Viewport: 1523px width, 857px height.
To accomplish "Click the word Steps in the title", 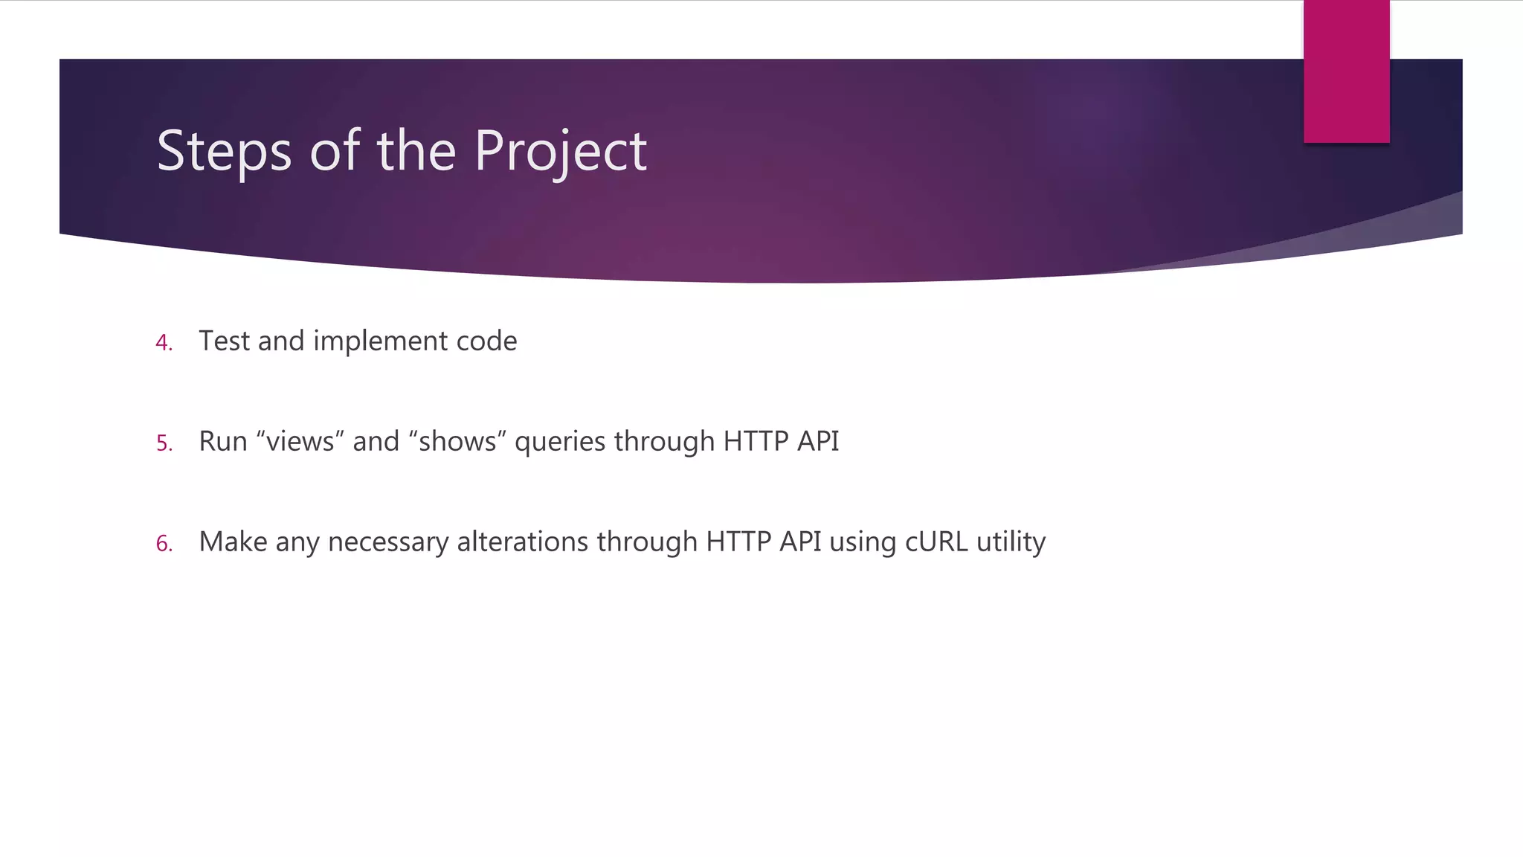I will click(224, 152).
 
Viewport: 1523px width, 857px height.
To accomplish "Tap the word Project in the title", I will click(560, 152).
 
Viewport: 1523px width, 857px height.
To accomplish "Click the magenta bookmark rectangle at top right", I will click(1346, 71).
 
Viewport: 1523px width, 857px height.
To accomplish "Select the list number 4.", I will click(164, 343).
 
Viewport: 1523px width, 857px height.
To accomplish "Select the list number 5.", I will click(164, 443).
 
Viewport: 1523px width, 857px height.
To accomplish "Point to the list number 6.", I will click(164, 544).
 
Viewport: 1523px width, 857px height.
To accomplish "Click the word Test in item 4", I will click(224, 341).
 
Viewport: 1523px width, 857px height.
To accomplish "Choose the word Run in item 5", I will click(223, 442).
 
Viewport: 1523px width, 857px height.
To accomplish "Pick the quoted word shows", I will click(457, 442).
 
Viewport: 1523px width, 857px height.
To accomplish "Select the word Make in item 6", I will click(233, 542).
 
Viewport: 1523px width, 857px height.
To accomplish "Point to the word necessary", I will click(387, 542).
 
